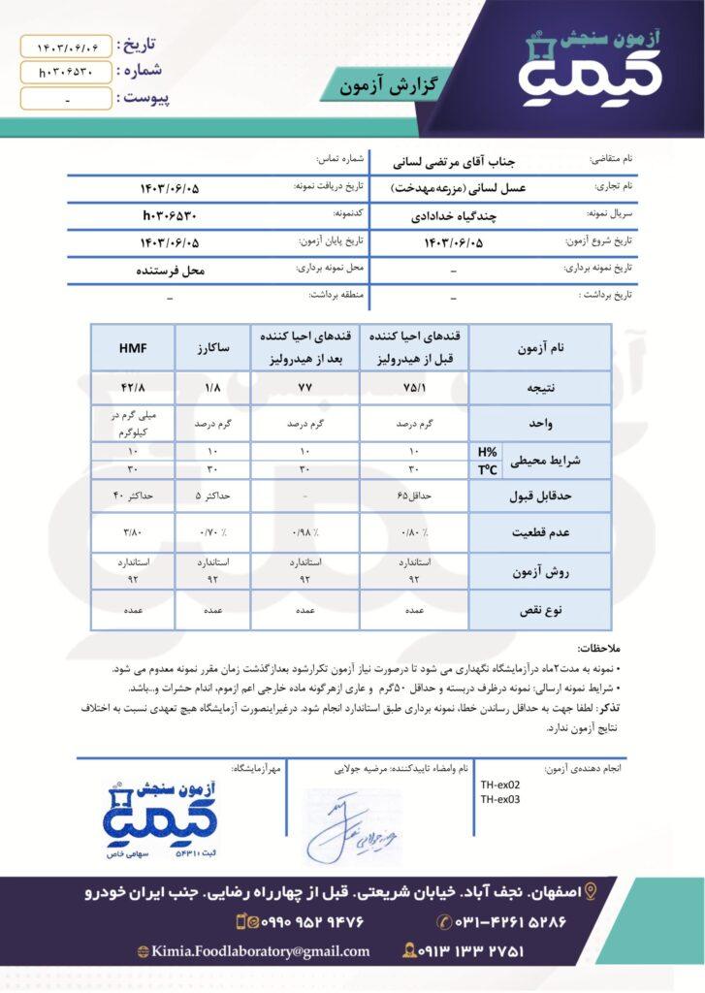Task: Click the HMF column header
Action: point(133,346)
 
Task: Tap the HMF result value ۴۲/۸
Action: point(133,388)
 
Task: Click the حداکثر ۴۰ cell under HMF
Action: point(133,496)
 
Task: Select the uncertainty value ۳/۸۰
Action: point(133,532)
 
